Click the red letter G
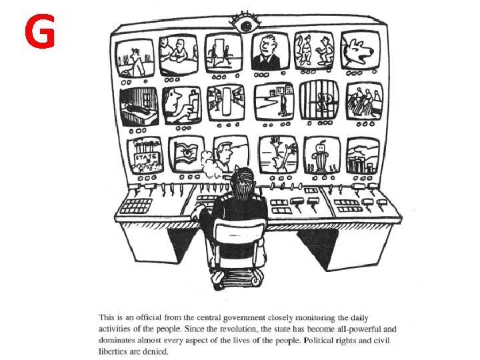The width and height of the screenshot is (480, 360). click(39, 31)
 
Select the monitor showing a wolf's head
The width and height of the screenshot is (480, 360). click(360, 51)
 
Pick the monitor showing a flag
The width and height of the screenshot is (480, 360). click(186, 154)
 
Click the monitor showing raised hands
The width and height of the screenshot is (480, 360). click(278, 155)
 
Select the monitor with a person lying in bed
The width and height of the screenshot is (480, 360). click(139, 106)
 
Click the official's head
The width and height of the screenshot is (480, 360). click(243, 182)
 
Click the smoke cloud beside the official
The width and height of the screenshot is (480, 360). click(209, 164)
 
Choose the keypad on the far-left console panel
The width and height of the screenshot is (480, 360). click(136, 206)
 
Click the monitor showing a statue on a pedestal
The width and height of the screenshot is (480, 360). click(322, 155)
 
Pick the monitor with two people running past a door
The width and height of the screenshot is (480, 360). click(223, 53)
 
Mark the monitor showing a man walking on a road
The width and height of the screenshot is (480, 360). click(274, 101)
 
